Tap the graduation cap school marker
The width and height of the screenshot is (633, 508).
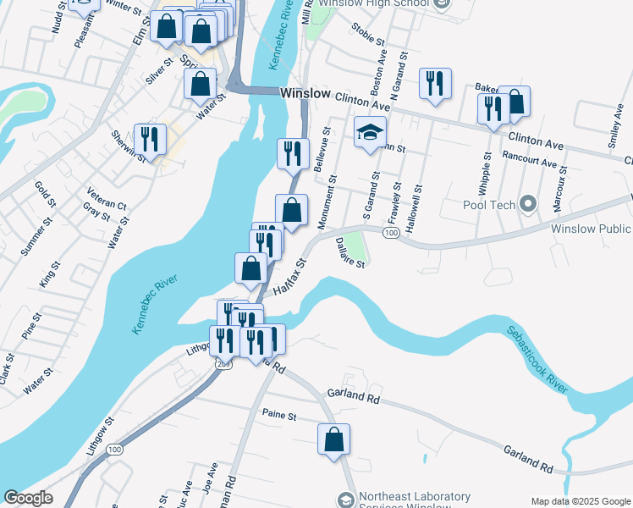coord(370,133)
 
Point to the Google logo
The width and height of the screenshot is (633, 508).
coord(28,498)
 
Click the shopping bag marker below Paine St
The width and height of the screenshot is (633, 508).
coord(334,440)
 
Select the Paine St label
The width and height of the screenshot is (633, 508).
coord(279,416)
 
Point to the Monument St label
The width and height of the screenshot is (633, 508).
coord(328,202)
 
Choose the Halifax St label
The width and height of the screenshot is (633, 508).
coord(287,277)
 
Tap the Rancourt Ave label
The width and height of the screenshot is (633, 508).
coord(529,159)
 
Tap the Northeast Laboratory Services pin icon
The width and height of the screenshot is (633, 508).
coord(345,500)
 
